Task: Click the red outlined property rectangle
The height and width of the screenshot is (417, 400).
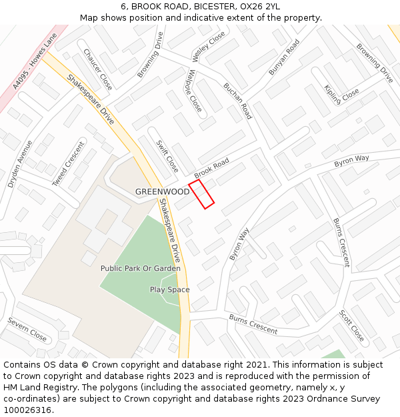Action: tap(201, 194)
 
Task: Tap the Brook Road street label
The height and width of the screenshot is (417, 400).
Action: tap(211, 167)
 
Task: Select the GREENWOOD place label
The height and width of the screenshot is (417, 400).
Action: tap(162, 191)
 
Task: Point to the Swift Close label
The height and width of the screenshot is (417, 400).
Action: tap(167, 156)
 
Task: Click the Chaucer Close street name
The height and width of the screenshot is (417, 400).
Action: tap(97, 69)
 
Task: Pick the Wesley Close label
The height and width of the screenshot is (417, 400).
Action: tap(209, 47)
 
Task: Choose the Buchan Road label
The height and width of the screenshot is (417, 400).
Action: tap(238, 101)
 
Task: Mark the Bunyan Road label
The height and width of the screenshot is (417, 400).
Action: tap(284, 57)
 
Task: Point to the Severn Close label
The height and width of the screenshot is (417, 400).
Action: tap(27, 329)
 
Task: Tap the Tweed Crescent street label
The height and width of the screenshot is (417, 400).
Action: tap(69, 163)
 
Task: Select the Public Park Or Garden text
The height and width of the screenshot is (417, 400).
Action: tap(141, 268)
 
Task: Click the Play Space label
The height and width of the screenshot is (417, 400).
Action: tap(169, 290)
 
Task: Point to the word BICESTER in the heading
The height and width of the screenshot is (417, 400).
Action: tap(216, 6)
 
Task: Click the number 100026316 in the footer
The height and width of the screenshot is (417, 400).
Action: tap(27, 410)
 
